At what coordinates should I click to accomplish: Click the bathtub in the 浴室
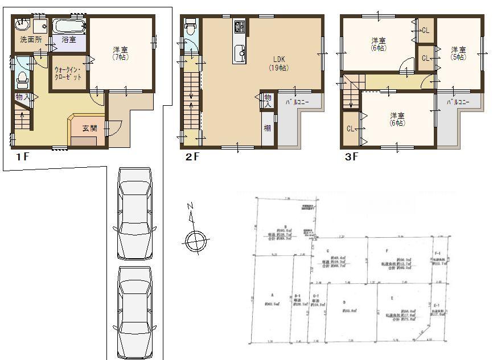point(69,26)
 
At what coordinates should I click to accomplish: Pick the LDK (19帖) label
point(278,63)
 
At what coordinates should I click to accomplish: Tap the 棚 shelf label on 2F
point(267,127)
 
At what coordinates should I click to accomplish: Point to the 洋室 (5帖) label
point(459,52)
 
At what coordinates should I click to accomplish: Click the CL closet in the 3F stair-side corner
point(350,129)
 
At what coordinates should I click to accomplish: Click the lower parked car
point(134,311)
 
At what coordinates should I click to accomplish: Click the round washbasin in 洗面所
point(22,24)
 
